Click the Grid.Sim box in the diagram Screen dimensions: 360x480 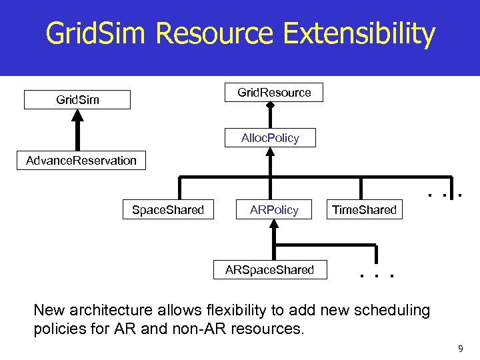(77, 99)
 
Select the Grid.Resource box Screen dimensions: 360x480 (274, 92)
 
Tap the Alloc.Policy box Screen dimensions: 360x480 (270, 138)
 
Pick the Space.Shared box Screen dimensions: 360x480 (167, 210)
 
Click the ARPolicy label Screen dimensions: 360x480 (274, 210)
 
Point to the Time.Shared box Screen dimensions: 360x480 (364, 210)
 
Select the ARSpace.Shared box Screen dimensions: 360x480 (269, 269)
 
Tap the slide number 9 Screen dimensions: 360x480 (461, 348)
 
